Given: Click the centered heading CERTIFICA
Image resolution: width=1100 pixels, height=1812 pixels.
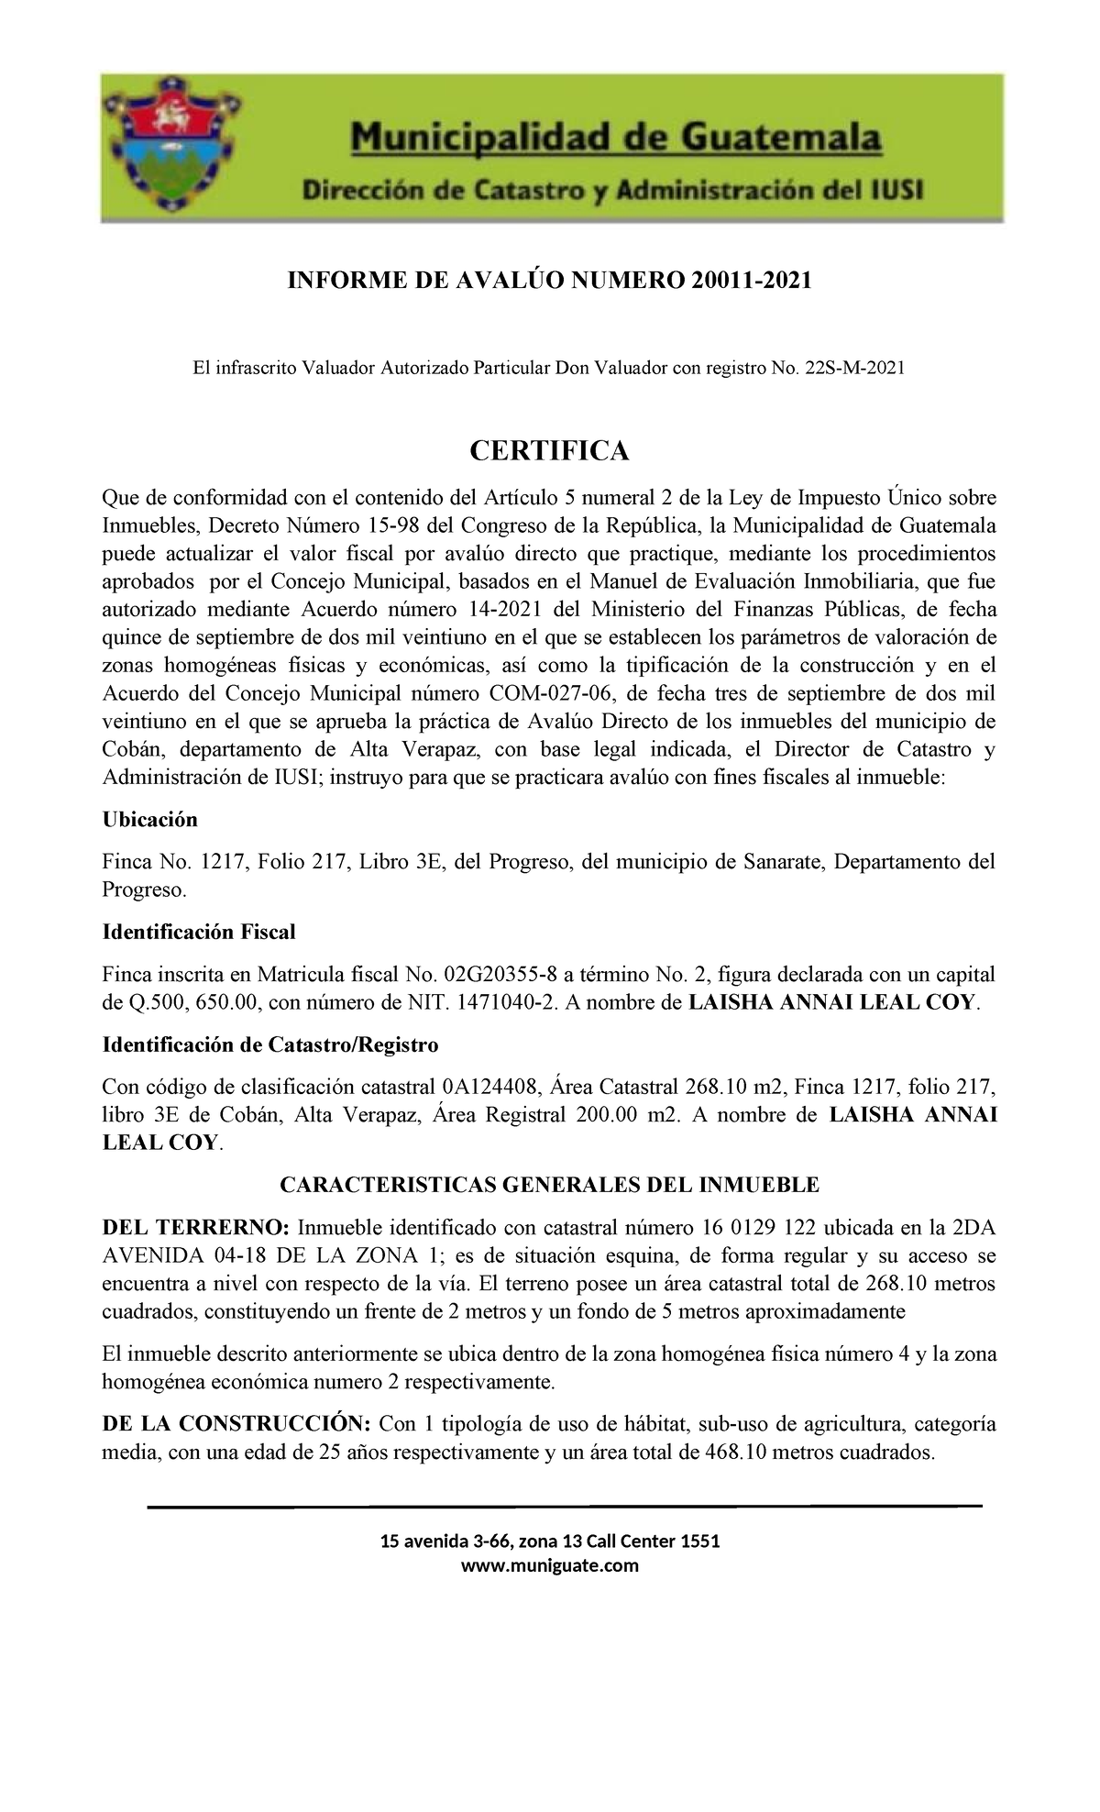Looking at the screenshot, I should click(x=549, y=451).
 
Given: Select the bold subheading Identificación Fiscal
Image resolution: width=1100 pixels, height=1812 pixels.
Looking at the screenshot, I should click(x=199, y=933).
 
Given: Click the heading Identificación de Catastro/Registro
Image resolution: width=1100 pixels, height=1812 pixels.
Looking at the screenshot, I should click(x=270, y=1045).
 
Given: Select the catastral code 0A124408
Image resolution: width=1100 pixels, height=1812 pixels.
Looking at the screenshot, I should click(x=495, y=1088).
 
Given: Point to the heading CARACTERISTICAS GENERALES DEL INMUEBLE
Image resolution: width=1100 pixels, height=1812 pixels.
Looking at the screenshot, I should click(x=549, y=1185).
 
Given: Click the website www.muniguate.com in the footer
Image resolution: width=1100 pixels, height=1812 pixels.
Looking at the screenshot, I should click(x=549, y=1565).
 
